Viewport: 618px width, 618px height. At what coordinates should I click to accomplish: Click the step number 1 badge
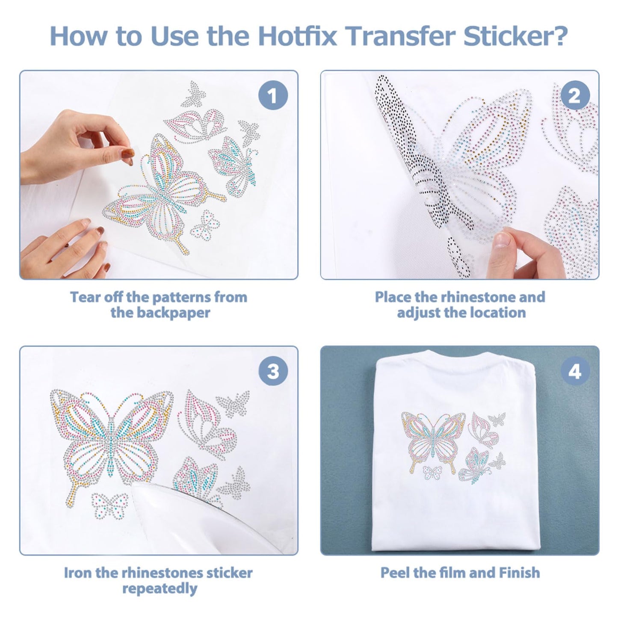(273, 96)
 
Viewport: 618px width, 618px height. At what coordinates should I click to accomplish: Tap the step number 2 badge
(574, 96)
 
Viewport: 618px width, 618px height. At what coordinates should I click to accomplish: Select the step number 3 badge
(273, 371)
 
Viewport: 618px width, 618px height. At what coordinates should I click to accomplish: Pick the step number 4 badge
(574, 371)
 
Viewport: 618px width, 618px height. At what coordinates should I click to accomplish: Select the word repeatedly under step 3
(159, 588)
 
